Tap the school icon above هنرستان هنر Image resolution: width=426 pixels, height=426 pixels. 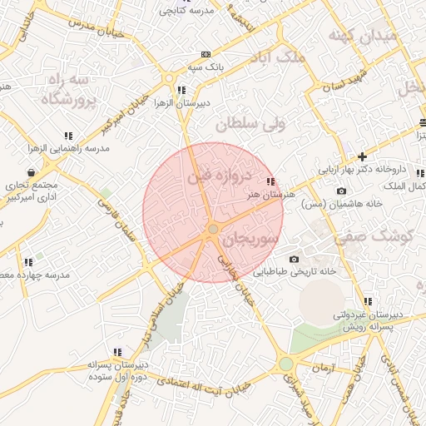(270, 181)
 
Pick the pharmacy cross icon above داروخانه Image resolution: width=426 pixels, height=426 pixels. (362, 156)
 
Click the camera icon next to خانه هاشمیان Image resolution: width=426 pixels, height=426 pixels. (341, 191)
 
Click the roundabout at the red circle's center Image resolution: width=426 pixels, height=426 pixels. (213, 229)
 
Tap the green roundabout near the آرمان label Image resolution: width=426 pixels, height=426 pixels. (286, 364)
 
